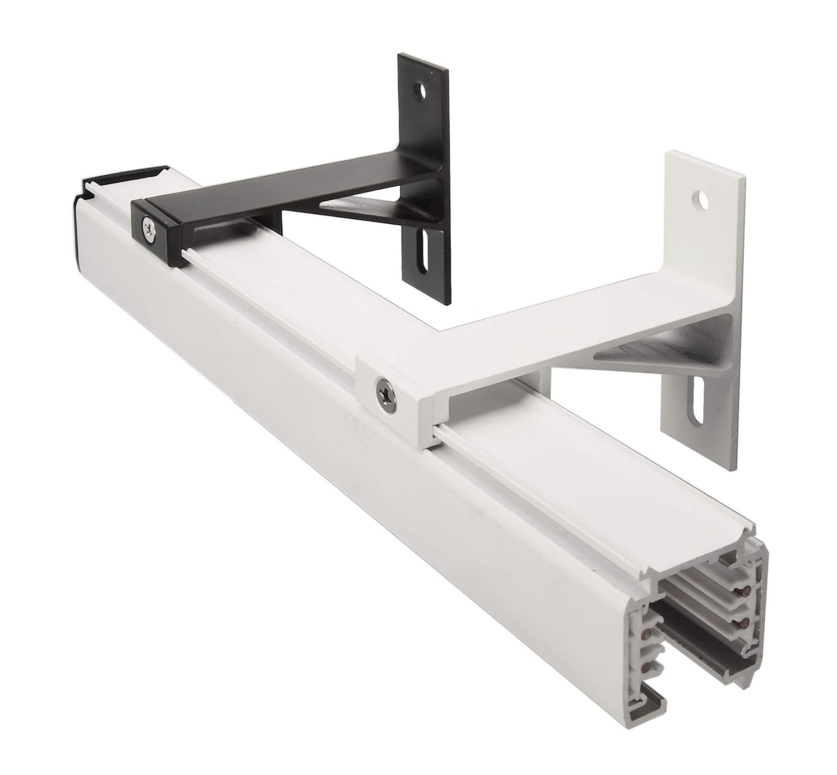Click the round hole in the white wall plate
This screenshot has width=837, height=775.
(701, 199)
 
